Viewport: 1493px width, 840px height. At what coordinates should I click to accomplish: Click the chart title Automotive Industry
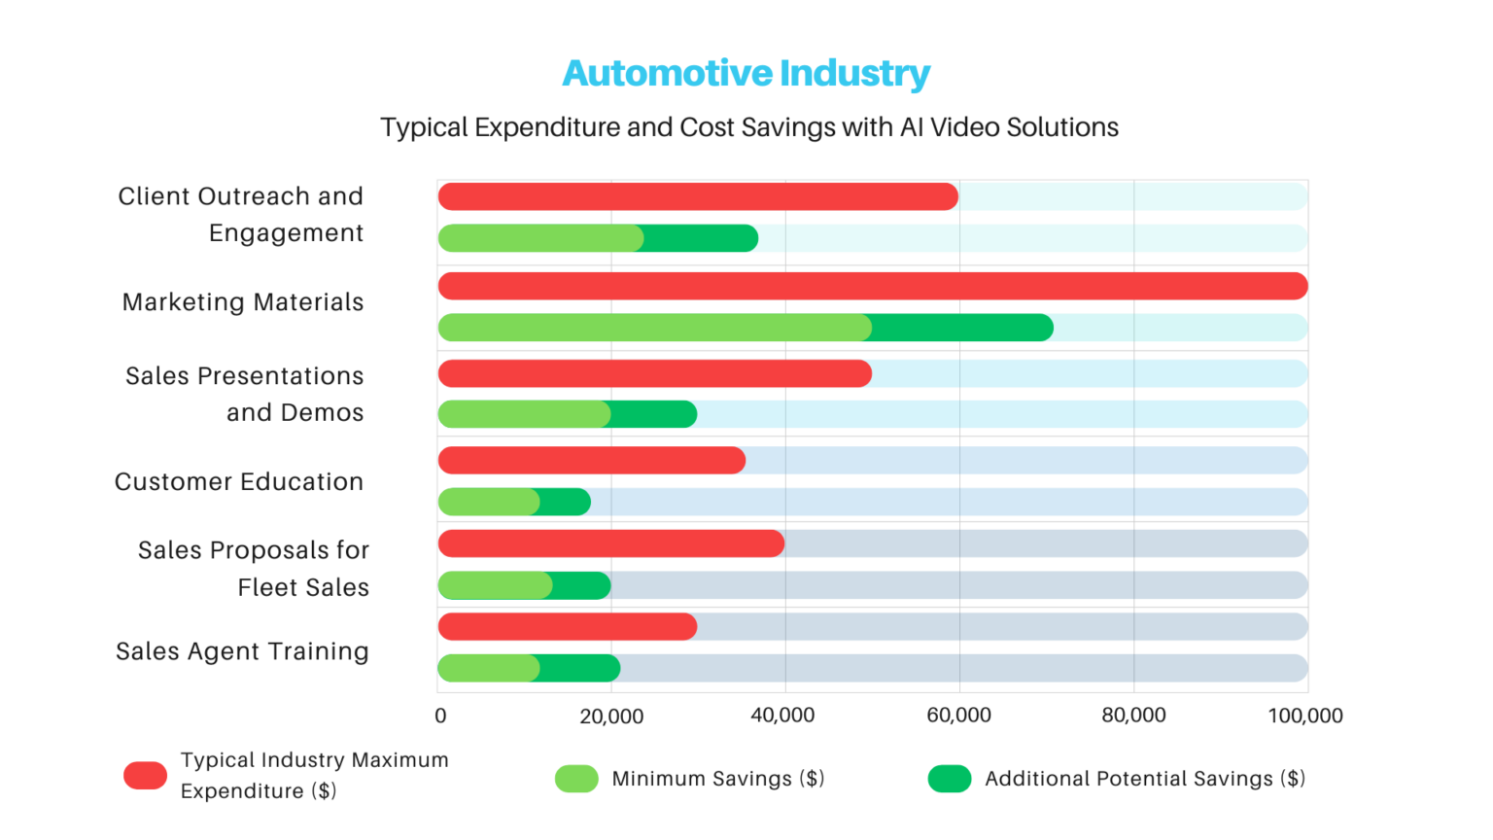(746, 73)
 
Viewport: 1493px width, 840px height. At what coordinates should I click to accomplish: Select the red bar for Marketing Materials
(872, 286)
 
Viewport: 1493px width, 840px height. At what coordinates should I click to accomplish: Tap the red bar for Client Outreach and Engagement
(698, 196)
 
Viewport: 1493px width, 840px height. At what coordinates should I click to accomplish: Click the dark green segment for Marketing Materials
(962, 328)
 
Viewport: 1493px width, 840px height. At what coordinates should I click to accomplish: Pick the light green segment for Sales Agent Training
(488, 668)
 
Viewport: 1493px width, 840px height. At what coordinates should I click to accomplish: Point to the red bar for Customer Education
(591, 461)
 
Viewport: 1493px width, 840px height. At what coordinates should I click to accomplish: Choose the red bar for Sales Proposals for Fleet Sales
(610, 543)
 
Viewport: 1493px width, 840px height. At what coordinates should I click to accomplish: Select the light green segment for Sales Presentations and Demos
(524, 414)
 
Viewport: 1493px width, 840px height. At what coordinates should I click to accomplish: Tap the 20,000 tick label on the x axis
(611, 717)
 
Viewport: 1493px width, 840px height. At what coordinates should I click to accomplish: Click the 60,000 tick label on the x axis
(958, 716)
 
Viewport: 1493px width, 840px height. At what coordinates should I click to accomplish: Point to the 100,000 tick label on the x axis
(1304, 716)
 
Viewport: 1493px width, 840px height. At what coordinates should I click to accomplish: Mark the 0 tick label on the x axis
(440, 717)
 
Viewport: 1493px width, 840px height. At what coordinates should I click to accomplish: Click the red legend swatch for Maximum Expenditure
(145, 776)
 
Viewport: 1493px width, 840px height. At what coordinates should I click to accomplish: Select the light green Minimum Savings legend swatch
(576, 779)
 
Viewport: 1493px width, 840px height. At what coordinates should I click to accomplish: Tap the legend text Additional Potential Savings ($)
(1144, 779)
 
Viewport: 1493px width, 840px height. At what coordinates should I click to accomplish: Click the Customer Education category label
(239, 482)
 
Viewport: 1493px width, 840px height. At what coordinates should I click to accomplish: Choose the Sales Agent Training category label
(242, 651)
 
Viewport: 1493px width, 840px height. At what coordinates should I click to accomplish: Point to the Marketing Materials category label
(243, 302)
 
